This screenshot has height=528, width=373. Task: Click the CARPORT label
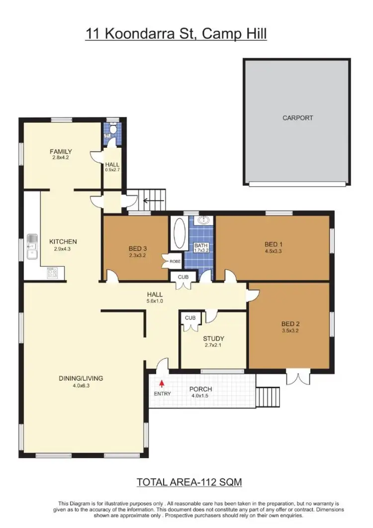297,118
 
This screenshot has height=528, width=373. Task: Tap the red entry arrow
162,384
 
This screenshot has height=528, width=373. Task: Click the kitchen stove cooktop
52,272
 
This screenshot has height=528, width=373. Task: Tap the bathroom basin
203,220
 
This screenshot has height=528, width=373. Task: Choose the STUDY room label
213,338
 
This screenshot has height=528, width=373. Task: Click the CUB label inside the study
189,317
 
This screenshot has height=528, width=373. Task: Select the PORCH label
201,389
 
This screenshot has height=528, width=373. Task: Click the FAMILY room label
61,151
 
